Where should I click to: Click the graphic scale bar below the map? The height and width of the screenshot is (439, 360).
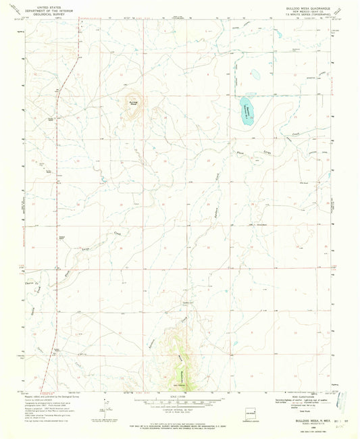click(178, 401)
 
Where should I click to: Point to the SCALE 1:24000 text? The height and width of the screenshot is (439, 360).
click(178, 395)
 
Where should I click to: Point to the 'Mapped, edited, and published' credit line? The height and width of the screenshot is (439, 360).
click(55, 393)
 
